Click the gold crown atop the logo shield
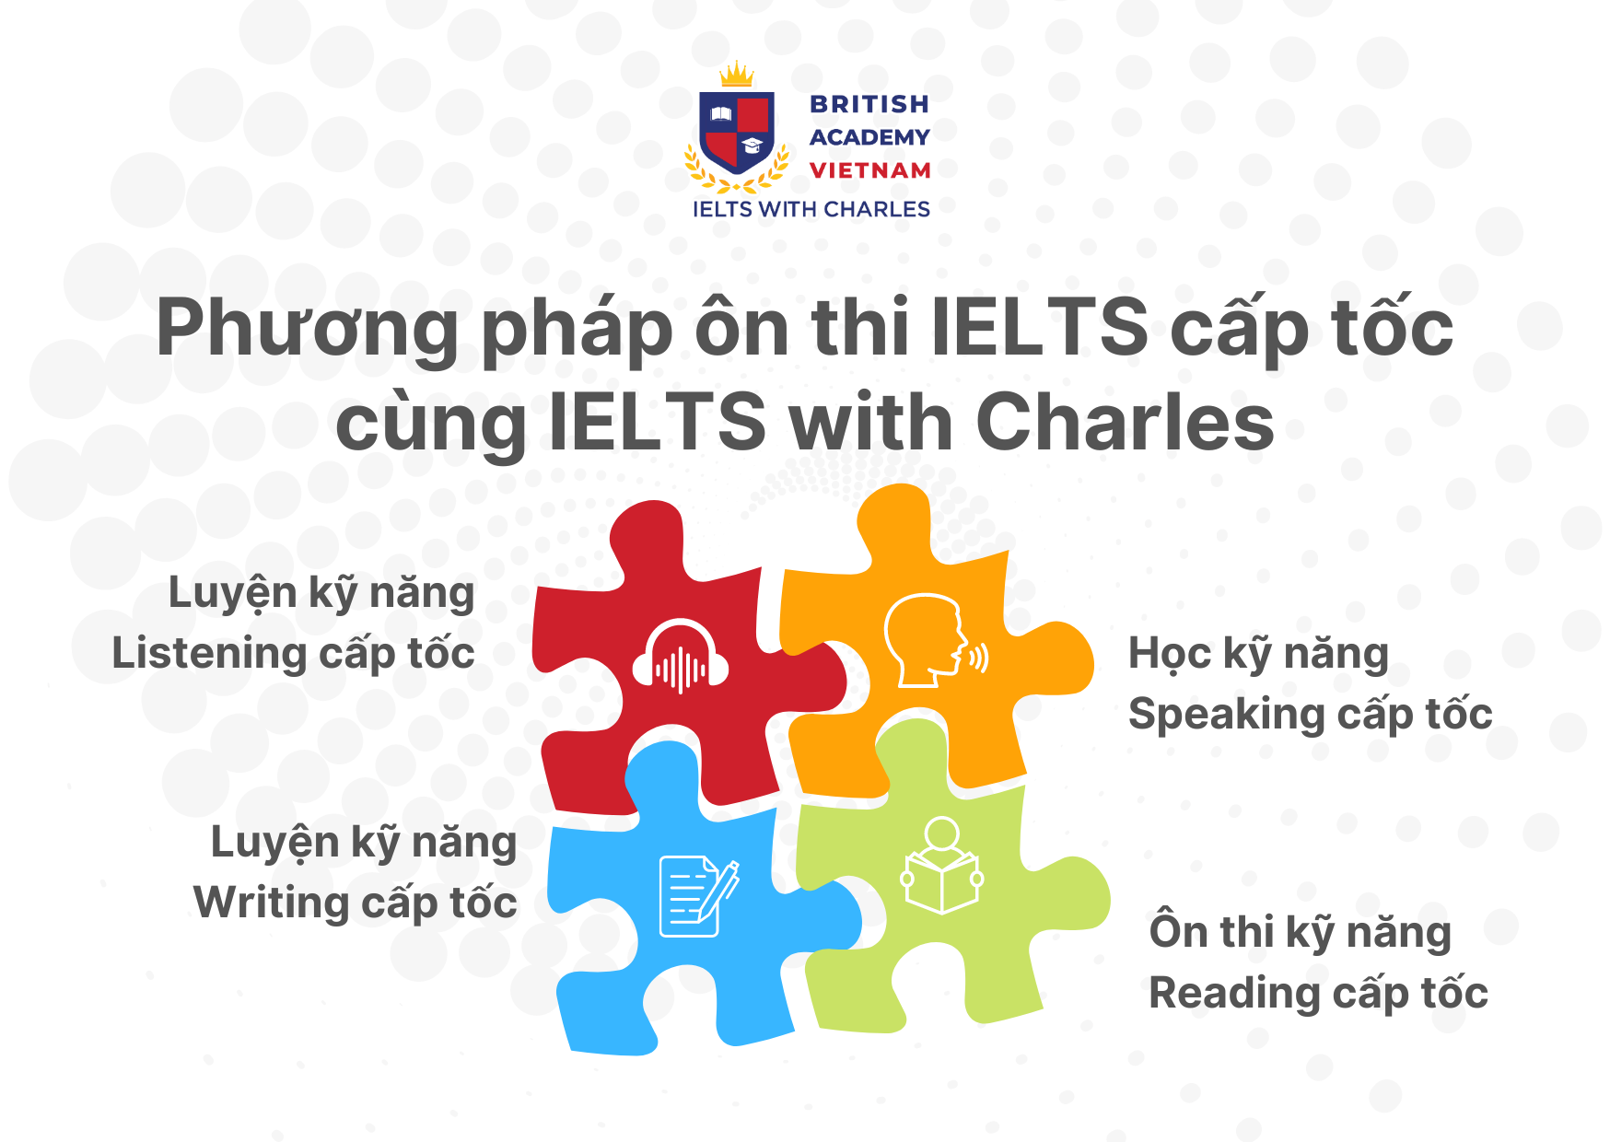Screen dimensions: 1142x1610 pyautogui.click(x=736, y=75)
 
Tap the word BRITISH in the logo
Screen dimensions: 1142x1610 pyautogui.click(x=869, y=104)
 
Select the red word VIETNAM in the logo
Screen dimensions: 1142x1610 pyautogui.click(x=869, y=170)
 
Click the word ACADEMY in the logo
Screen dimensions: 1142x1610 pyautogui.click(x=869, y=137)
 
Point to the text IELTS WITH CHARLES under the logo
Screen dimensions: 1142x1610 pyautogui.click(x=811, y=209)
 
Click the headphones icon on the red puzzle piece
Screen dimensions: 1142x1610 pyautogui.click(x=681, y=656)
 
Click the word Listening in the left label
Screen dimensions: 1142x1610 pyautogui.click(x=209, y=653)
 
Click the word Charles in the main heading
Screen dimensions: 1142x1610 pyautogui.click(x=1125, y=423)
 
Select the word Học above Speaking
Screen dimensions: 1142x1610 pyautogui.click(x=1170, y=654)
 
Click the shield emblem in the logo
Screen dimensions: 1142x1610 pyautogui.click(x=736, y=131)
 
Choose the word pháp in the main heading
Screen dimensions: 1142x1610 pyautogui.click(x=578, y=330)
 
